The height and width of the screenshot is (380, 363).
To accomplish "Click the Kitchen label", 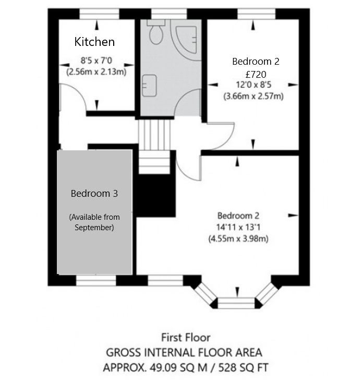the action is [94, 42].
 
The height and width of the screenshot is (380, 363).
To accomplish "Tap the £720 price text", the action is [256, 74].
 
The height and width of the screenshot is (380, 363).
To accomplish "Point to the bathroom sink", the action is [149, 86].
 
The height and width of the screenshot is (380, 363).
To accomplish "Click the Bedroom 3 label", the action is [94, 193].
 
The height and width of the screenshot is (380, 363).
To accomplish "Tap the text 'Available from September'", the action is [94, 222].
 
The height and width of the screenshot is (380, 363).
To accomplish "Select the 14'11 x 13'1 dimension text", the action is [238, 228].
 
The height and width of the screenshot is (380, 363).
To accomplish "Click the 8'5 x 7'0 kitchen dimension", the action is [96, 61].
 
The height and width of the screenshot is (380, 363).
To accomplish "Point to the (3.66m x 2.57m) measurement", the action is [253, 96].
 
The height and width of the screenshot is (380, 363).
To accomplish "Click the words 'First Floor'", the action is [186, 338].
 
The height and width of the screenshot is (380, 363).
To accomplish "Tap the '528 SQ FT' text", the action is [244, 367].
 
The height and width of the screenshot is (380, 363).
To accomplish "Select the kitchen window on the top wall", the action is [99, 14].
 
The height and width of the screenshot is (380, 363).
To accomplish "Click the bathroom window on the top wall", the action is [170, 14].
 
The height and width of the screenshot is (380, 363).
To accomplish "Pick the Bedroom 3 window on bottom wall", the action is [96, 280].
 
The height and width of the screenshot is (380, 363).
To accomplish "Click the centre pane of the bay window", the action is [236, 303].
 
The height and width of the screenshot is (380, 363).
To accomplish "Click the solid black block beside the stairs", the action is [156, 195].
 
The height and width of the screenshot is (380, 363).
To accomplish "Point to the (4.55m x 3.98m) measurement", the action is [238, 239].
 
